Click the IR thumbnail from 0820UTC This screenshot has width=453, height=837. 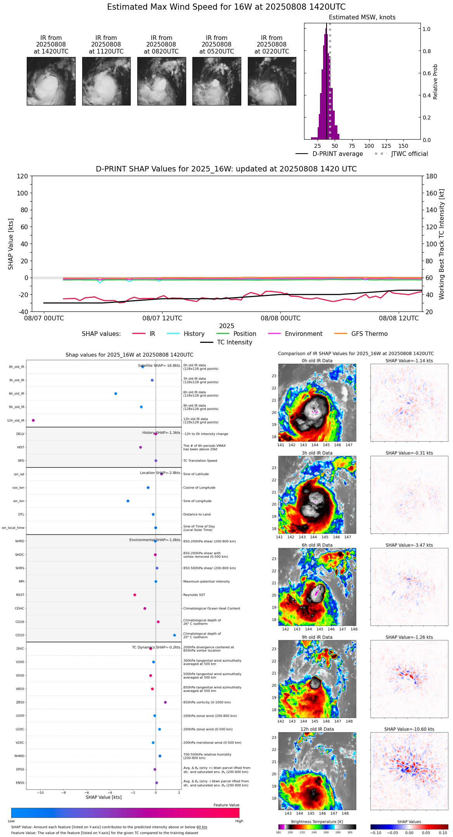pos(161,81)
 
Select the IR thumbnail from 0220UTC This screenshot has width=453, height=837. pos(272,81)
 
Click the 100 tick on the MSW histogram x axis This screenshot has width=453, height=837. pos(369,146)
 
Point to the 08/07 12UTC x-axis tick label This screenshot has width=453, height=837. pos(162,318)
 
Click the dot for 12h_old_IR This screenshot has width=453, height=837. pos(33,420)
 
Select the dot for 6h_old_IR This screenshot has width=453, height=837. pos(116,394)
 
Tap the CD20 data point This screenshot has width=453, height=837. pos(175,635)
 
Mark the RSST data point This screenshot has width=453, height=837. pos(135,595)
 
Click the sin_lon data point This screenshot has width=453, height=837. pos(128,501)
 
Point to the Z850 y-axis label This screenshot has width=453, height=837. pos(20,702)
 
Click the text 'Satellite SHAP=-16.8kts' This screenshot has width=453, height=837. pos(159,366)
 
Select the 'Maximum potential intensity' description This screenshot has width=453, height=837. pos(206,581)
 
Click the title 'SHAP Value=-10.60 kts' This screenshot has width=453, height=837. pos(409,729)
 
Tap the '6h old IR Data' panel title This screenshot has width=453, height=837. pos(317,545)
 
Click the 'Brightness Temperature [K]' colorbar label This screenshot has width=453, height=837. pos(317,821)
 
